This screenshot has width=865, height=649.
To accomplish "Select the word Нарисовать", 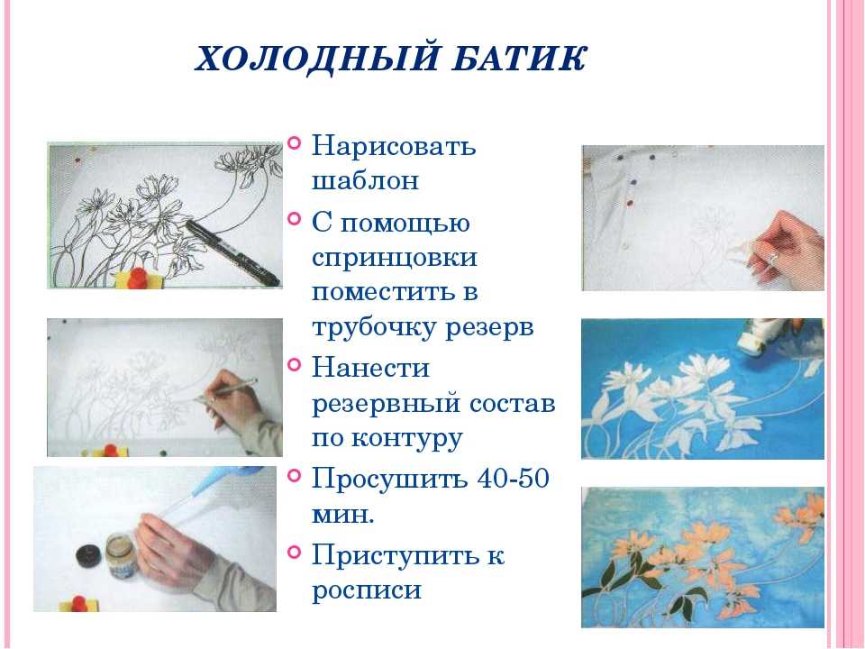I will point(394,145).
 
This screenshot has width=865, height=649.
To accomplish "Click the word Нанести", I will point(359,367).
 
